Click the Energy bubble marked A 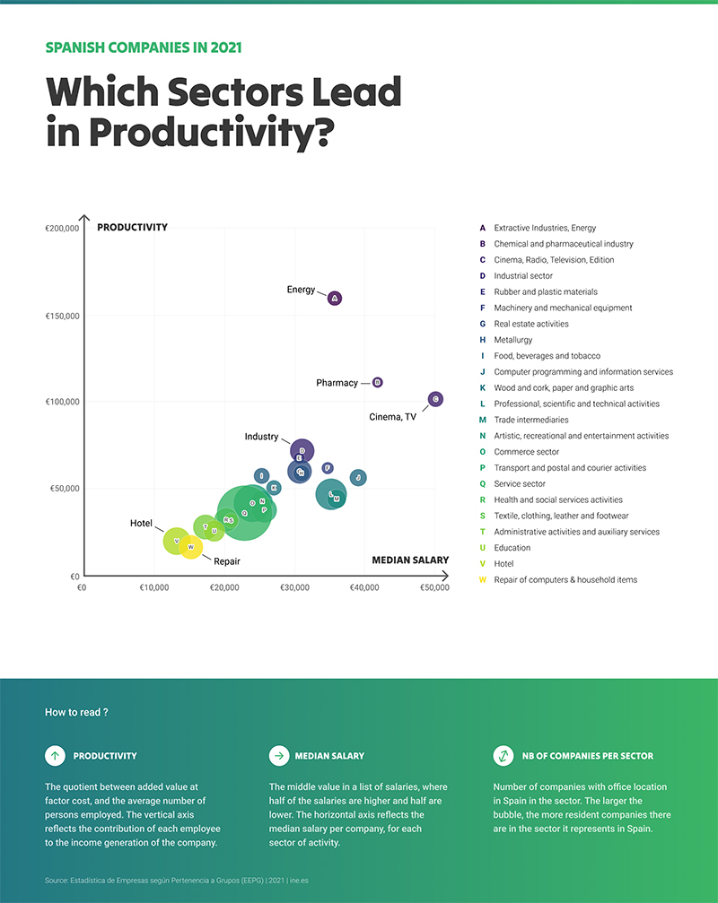coord(335,299)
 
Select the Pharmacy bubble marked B coord(377,383)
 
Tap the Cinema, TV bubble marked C coord(435,399)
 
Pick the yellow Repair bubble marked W coord(190,547)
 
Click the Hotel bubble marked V coord(176,541)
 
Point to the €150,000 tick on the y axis coord(62,316)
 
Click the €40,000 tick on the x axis coord(364,588)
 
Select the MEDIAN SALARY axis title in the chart coord(410,560)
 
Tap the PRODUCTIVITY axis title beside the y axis coord(132,228)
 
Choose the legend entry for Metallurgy coord(512,340)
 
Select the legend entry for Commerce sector coord(526,452)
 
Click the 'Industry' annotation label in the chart coord(261,437)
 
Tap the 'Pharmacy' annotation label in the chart coord(337,383)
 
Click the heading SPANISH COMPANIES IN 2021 coord(143,48)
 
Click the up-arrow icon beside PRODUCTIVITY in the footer coord(55,756)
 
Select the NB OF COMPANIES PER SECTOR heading coord(587,756)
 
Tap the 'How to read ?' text coord(76,712)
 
